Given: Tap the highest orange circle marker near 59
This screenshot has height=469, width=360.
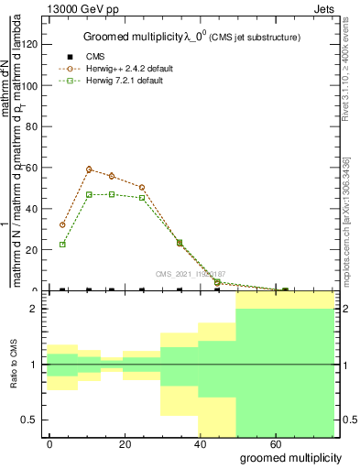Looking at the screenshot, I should coord(89,169).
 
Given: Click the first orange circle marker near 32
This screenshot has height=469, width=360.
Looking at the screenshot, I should coord(62,224).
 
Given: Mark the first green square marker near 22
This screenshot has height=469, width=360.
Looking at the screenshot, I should coord(62,245).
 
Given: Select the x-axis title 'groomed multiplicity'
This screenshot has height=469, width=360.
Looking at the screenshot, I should coord(289,457).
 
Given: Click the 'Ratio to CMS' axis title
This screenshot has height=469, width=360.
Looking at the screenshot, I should coord(14,365).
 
